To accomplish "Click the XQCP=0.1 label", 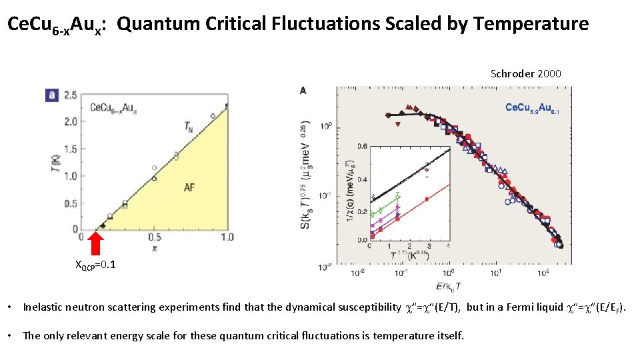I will click(95, 265).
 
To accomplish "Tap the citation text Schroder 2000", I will click(525, 74).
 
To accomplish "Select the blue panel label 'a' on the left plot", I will click(49, 95).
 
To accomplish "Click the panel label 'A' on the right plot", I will click(303, 91).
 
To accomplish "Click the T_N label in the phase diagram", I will click(191, 126).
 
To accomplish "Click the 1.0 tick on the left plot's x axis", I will click(227, 237).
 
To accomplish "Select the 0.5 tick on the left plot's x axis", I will click(154, 237).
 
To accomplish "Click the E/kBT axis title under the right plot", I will click(449, 285).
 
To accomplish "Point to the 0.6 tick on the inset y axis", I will click(361, 146).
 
